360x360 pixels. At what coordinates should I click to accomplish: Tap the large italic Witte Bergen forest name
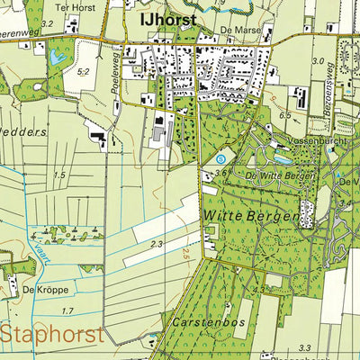tap(238, 216)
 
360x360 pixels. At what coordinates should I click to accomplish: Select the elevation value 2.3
tap(157, 244)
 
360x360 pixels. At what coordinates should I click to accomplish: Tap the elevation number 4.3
tap(258, 290)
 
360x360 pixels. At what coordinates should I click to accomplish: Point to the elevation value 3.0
tap(317, 60)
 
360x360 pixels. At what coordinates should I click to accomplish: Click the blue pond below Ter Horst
tap(58, 58)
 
